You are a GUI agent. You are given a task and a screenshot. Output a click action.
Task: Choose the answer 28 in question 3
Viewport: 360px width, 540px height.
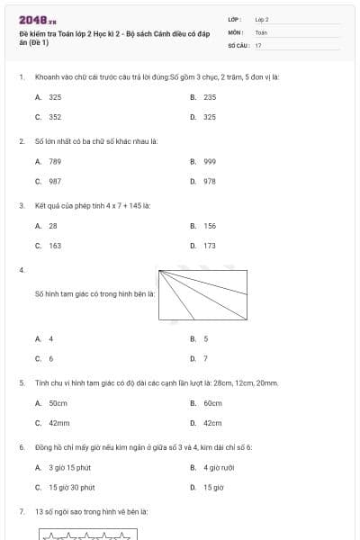(x=53, y=226)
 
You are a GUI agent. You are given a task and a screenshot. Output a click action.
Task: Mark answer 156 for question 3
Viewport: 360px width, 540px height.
(x=210, y=226)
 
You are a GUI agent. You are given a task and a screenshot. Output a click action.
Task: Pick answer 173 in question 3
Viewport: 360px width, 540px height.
(x=210, y=246)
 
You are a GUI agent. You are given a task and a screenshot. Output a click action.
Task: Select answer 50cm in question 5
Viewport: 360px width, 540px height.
(x=58, y=403)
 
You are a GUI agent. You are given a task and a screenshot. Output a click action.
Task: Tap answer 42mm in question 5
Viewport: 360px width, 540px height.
(x=58, y=423)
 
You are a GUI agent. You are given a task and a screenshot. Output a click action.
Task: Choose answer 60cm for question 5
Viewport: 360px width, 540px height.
(x=212, y=403)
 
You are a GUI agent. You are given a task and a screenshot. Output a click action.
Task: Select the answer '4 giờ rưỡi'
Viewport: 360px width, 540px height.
(x=219, y=468)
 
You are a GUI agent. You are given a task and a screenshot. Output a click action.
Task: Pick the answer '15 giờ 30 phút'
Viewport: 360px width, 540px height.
(x=71, y=488)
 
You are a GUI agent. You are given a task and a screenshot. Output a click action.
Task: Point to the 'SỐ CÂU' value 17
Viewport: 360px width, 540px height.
(x=258, y=44)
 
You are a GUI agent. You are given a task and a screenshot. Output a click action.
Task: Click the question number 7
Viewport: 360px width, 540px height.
(x=21, y=511)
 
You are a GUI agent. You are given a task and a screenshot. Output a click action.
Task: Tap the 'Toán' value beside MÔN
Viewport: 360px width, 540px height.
(x=261, y=31)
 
